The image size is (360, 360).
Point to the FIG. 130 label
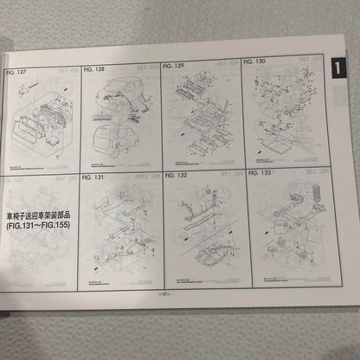click(x=256, y=62)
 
